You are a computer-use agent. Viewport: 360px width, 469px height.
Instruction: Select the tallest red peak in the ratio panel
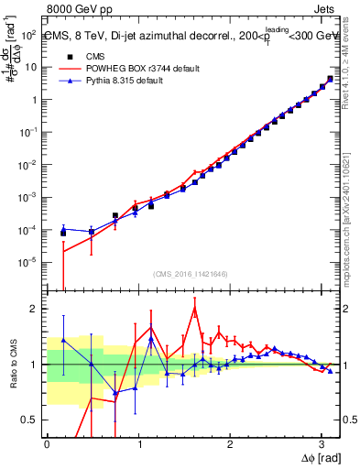pyautogui.click(x=194, y=309)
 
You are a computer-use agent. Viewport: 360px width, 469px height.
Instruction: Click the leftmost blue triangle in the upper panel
pyautogui.click(x=63, y=228)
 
